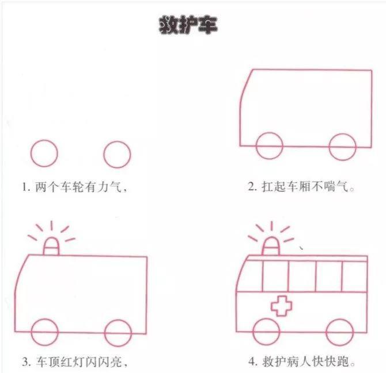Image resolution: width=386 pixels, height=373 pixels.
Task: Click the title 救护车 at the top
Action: coord(188,25)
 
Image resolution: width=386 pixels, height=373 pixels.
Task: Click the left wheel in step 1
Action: coord(44,154)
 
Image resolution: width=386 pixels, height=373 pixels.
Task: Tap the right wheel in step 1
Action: coord(118,154)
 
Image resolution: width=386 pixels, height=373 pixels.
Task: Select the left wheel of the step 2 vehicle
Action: coord(269,146)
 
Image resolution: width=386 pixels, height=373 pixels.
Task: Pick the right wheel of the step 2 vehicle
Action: coord(342,146)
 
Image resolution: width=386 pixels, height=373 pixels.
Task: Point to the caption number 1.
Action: coord(25,187)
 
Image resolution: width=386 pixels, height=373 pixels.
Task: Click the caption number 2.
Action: coord(252,187)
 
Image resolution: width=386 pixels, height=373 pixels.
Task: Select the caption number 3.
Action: coord(25,362)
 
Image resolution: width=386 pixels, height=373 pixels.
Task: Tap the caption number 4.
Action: coord(252,362)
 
